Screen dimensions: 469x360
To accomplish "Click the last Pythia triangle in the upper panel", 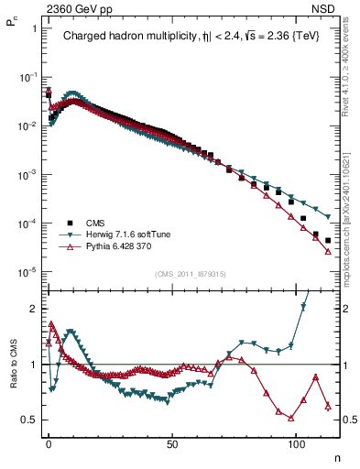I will [x=328, y=252].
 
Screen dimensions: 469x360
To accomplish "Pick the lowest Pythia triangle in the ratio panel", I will [x=290, y=418].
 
